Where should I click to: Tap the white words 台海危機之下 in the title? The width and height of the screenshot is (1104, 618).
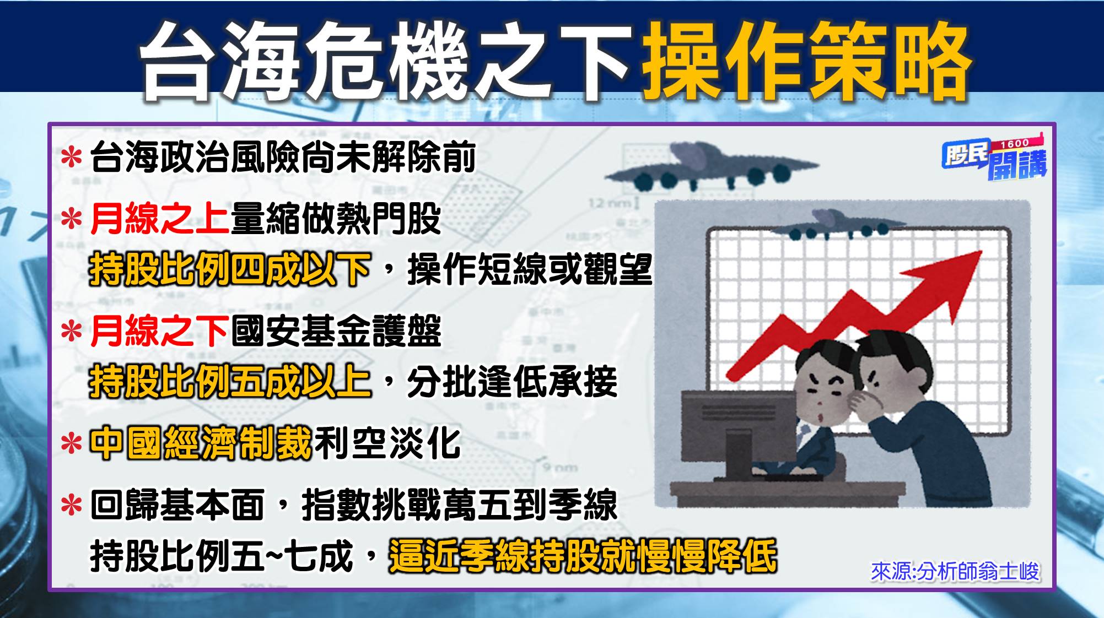[386, 62]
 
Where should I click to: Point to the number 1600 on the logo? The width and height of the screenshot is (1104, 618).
[1015, 144]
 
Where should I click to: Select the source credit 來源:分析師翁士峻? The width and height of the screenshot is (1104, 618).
[955, 572]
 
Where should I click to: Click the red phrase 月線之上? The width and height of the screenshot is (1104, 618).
[160, 219]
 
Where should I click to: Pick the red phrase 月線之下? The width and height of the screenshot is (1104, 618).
[160, 331]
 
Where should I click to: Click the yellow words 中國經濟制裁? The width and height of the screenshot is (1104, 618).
[201, 443]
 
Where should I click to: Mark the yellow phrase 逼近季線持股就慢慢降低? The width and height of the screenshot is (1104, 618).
[583, 556]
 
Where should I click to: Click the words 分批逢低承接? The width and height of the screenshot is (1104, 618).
[512, 382]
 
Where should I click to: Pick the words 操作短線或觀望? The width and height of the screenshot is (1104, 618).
[530, 270]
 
